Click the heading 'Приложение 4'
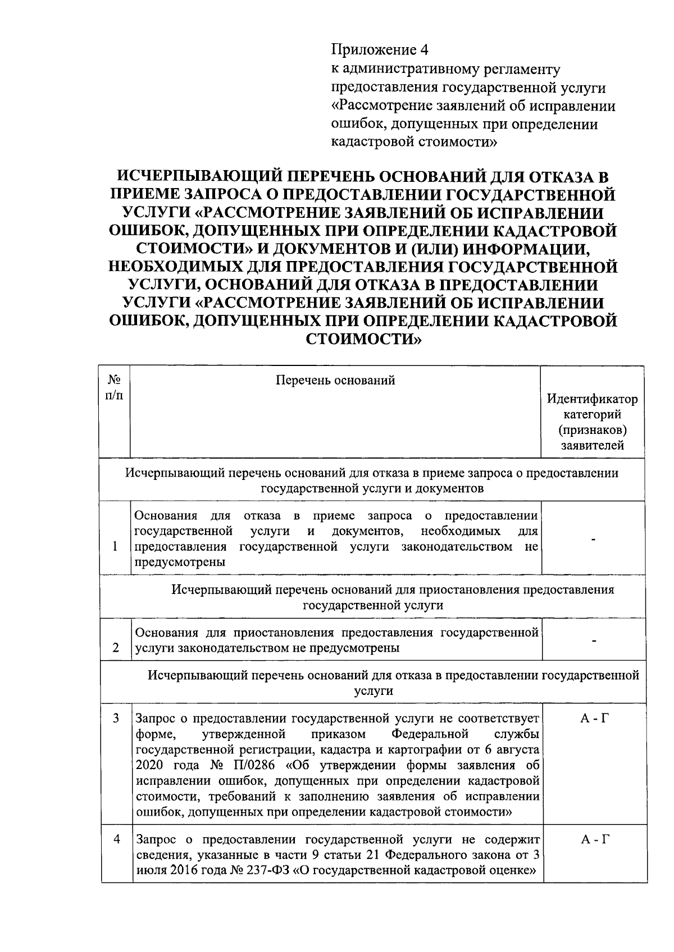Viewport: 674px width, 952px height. pos(379,51)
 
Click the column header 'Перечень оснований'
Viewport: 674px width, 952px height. pos(335,381)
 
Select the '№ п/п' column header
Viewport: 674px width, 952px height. pos(115,387)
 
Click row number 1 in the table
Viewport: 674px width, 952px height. pos(115,546)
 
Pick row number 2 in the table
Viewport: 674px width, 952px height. pos(116,648)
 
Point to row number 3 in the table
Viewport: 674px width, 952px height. pos(116,718)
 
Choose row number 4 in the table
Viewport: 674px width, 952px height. pos(116,839)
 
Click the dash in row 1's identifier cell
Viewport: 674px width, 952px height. pos(593,539)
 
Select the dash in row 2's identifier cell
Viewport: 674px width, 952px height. pos(593,640)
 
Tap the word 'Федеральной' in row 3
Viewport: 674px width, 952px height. pos(430,734)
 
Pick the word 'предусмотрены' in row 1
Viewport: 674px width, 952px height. pos(180,562)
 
